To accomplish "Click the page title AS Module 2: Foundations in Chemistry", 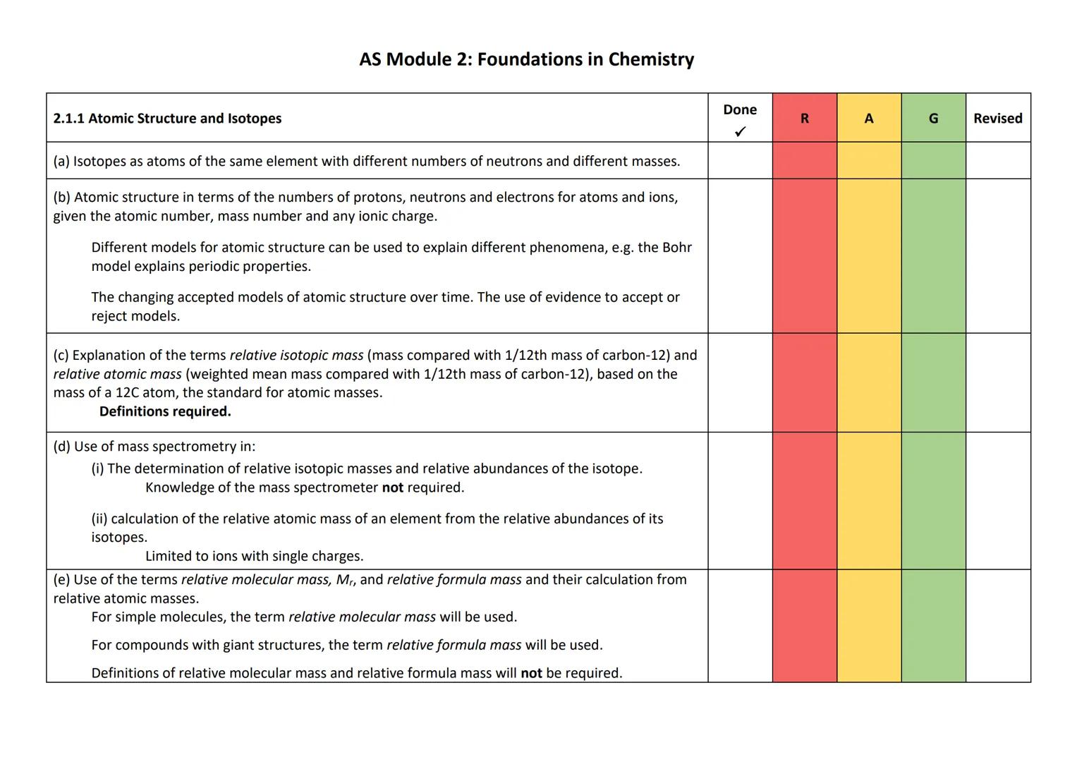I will click(526, 59).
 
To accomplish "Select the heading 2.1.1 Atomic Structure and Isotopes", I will click(167, 119).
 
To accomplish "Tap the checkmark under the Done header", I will click(740, 132).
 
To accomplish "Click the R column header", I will click(804, 119).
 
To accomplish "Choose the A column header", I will click(868, 119).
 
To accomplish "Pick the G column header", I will click(933, 119).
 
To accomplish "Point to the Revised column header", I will click(997, 119).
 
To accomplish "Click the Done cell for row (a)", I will click(740, 161).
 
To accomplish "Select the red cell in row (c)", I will click(804, 382).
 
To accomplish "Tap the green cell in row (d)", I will click(933, 500).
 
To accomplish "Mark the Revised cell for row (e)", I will click(997, 626).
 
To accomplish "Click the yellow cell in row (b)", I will click(868, 255).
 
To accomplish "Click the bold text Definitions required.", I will click(165, 411).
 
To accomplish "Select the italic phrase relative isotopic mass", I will click(296, 356).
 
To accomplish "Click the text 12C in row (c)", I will click(126, 393).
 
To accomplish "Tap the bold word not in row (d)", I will click(392, 488).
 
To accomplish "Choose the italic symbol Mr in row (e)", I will click(345, 580).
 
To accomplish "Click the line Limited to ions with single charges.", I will click(254, 556).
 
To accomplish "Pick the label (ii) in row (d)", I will click(99, 519).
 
